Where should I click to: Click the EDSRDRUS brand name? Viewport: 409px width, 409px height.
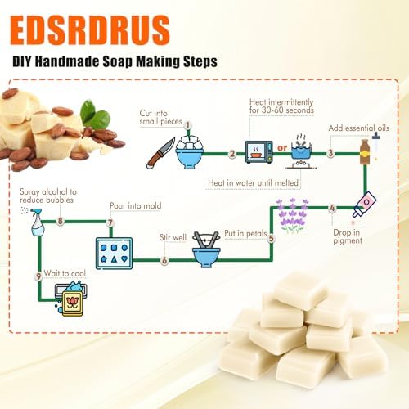pos(90,30)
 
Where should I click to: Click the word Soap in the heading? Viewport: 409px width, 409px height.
pos(118,61)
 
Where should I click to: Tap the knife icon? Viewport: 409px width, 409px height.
pos(160,153)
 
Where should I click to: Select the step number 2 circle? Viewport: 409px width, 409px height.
pos(232,154)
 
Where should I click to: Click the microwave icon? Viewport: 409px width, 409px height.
pos(258,152)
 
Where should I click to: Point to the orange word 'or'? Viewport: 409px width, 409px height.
pos(282,148)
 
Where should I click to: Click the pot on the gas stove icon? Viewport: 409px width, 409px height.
pos(301,151)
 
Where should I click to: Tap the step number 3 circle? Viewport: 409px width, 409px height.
pos(330,153)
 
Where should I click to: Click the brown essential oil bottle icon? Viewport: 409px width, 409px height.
pos(365,152)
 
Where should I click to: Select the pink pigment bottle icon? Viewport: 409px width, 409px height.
pos(365,204)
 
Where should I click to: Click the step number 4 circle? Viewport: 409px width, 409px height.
pos(332,209)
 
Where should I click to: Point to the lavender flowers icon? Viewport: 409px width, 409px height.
pos(293,215)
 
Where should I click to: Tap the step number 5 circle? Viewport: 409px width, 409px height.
pos(272,238)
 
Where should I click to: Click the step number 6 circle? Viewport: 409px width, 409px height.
pos(164,260)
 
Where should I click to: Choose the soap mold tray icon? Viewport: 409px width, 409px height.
pos(114,254)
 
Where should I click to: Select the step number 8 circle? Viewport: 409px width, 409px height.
pos(61,221)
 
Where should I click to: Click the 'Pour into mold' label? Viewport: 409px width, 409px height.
pos(136,206)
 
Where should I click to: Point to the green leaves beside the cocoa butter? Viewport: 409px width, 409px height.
pos(95,115)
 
